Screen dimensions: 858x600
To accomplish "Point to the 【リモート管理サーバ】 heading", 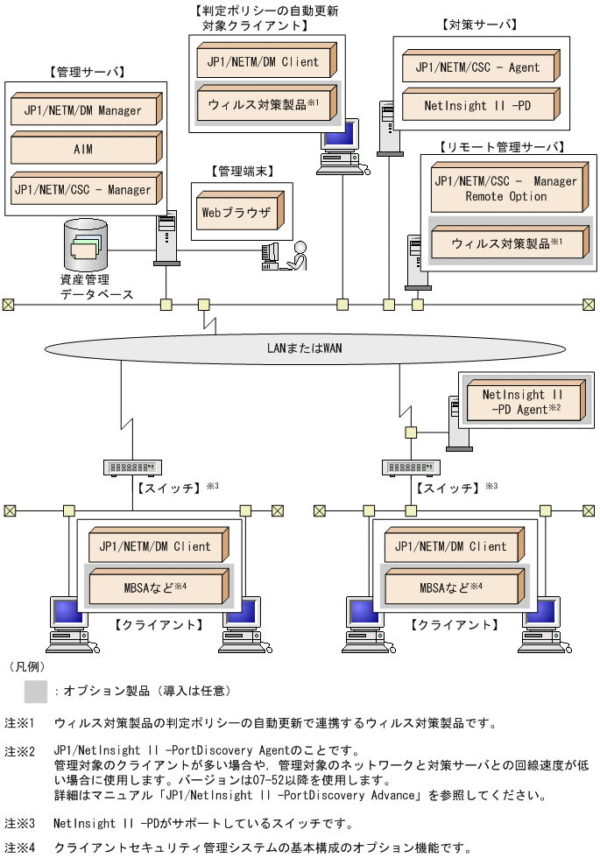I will coord(503,146).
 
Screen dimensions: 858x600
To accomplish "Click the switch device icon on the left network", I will coord(133,468).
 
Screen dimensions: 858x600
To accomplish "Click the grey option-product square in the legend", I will coord(36,692).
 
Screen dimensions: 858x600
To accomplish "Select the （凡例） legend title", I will coord(26,666).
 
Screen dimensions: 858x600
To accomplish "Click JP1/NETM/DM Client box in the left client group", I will coord(156,546).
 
